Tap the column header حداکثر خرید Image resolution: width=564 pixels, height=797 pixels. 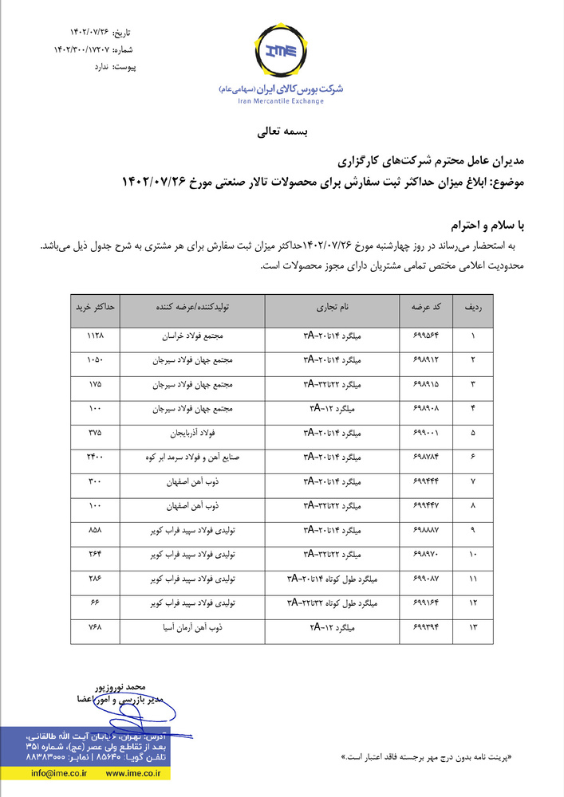click(x=96, y=306)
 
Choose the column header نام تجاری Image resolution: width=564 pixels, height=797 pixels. click(x=332, y=306)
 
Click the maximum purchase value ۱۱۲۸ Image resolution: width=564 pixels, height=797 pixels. click(x=96, y=336)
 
